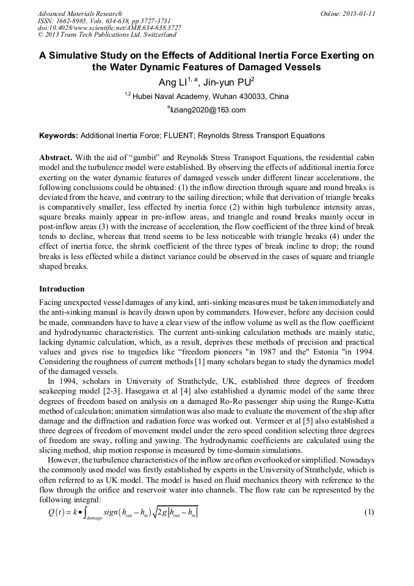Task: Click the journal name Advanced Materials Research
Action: pyautogui.click(x=79, y=13)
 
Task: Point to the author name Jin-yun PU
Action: pyautogui.click(x=227, y=82)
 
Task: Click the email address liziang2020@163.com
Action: pyautogui.click(x=208, y=110)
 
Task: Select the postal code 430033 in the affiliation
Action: pyautogui.click(x=243, y=97)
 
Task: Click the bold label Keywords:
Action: pyautogui.click(x=59, y=136)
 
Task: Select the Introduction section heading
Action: pyautogui.click(x=62, y=289)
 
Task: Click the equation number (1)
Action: pyautogui.click(x=368, y=511)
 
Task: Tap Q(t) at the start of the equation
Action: pyautogui.click(x=57, y=512)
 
